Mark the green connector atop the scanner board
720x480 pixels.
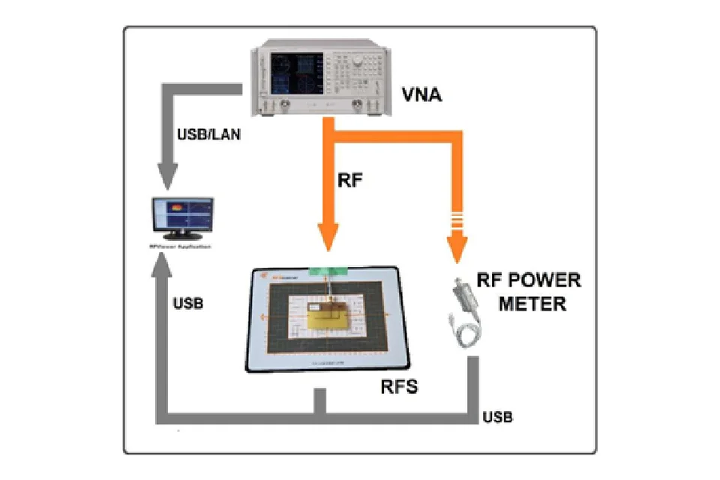point(323,271)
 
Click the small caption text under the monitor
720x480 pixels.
point(182,246)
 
